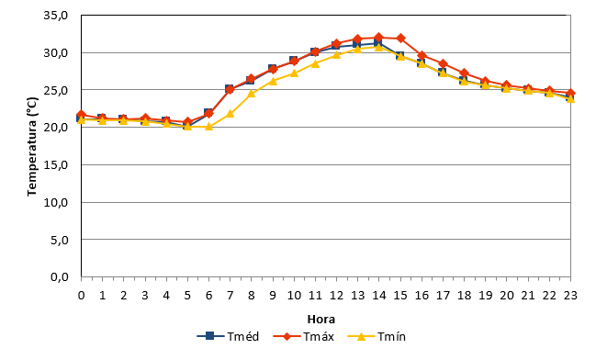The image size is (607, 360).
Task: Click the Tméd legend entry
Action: pos(228,336)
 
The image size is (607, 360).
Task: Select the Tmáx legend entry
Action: pos(303,336)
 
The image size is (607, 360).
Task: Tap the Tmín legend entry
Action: pos(377,336)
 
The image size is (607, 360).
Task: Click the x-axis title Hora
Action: pos(320,320)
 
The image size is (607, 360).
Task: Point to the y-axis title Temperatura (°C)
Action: pos(32,146)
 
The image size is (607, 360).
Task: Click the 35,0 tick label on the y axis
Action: pos(56,15)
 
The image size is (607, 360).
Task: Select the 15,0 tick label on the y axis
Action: pos(56,165)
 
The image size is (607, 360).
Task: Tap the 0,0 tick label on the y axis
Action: pos(59,277)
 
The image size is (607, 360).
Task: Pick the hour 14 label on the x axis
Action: pos(379,296)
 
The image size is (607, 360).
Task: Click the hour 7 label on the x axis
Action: pos(230,296)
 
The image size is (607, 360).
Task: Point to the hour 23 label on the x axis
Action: pos(570,296)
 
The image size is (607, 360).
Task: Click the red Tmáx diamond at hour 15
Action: pos(400,39)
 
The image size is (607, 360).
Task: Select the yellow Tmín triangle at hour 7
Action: pos(230,114)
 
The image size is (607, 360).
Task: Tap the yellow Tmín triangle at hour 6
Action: pos(208,126)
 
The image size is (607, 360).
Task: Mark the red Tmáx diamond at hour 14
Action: pos(379,38)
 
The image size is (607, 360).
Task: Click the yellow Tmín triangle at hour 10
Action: pos(294,73)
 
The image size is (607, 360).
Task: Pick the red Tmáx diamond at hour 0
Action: pos(82,115)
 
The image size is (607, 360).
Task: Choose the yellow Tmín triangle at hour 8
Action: pos(252,93)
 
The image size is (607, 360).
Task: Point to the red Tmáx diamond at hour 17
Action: pos(444,64)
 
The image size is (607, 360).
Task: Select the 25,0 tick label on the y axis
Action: pos(56,90)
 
